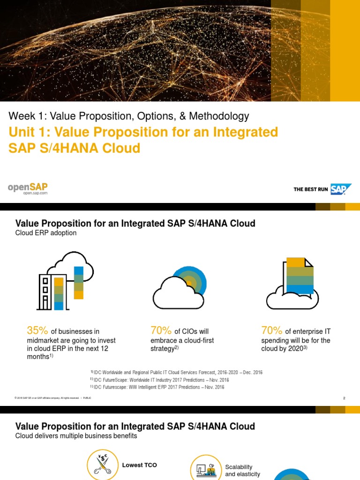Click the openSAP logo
tap(28, 187)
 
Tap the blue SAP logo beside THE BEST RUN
tap(340, 189)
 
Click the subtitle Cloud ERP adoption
tap(46, 233)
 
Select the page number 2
tap(344, 398)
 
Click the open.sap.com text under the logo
tap(35, 193)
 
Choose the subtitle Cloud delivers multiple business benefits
tap(76, 436)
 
